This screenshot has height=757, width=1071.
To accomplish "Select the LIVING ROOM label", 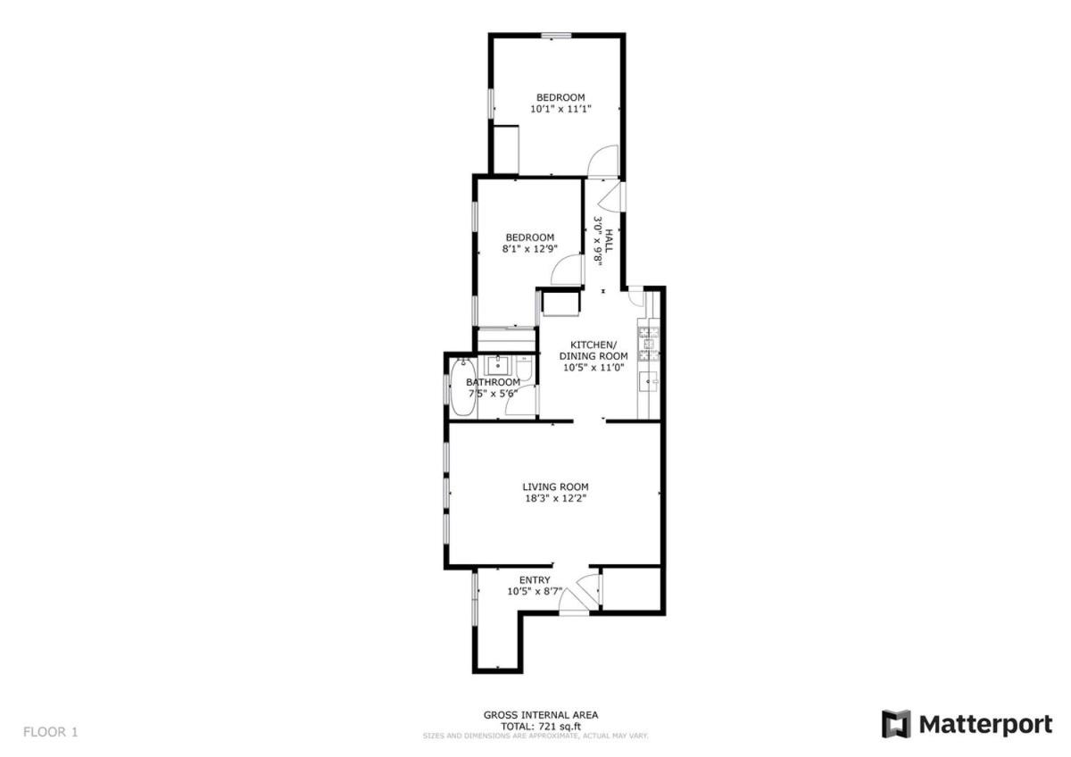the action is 555,487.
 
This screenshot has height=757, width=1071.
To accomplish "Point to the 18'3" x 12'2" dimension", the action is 555,498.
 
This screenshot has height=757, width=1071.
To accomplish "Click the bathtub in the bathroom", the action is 463,387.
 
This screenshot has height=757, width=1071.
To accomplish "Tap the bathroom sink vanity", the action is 498,366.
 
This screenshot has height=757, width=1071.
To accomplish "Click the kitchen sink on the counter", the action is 650,381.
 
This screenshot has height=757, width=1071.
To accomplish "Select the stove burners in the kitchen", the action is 648,344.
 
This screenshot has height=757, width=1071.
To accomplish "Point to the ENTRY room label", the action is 535,580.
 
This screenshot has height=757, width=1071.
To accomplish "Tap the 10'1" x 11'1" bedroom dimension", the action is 560,109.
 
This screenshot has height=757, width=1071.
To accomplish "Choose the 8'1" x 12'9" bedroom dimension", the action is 530,249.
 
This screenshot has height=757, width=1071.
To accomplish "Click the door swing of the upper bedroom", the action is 603,161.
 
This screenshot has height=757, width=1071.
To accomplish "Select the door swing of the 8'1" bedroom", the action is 567,270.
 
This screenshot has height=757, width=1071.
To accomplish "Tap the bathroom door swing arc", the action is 521,400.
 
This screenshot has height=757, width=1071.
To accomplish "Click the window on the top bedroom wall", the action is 556,35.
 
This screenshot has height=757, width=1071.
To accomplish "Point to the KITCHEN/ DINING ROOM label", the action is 594,351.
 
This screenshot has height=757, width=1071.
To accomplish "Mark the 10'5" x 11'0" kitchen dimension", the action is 594,368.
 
